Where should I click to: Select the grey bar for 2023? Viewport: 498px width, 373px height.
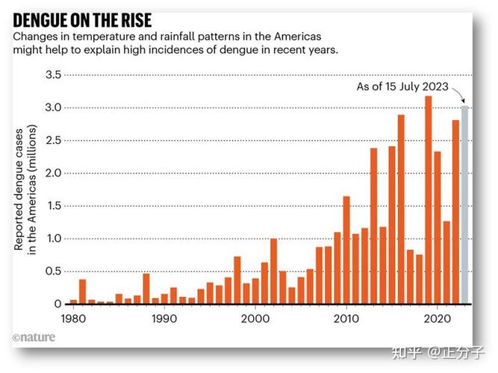point(465,205)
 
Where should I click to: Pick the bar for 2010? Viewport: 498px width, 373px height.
point(346,250)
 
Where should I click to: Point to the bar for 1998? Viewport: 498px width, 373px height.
point(237,280)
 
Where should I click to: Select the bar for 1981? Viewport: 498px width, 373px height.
point(83,292)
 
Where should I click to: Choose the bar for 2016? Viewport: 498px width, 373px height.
point(401,209)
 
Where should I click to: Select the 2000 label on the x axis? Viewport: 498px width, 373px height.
point(255,317)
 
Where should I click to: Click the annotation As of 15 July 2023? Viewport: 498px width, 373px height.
point(402,87)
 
